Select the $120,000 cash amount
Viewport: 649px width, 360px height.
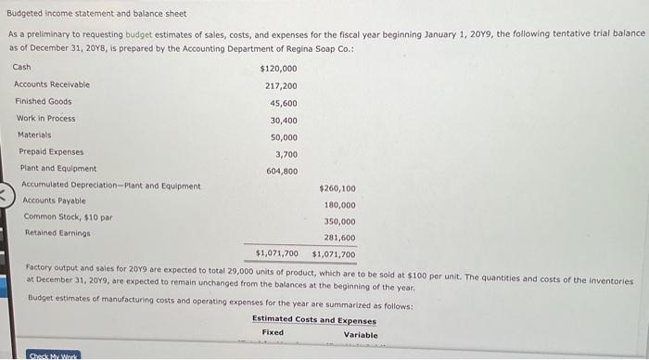click(x=279, y=69)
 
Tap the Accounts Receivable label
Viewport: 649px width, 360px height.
click(x=52, y=84)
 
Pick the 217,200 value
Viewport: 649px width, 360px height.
click(x=281, y=85)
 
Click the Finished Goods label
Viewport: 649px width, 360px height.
click(x=43, y=101)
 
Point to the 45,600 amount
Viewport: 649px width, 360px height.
click(x=284, y=103)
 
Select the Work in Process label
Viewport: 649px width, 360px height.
click(x=46, y=118)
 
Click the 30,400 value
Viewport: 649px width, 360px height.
click(x=284, y=120)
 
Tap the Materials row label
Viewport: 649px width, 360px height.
click(x=36, y=135)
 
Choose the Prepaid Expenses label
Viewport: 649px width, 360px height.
click(x=51, y=151)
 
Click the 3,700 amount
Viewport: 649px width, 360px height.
click(x=286, y=154)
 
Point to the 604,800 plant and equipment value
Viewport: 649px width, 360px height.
click(x=282, y=171)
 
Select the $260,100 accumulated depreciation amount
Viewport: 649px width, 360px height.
click(x=337, y=188)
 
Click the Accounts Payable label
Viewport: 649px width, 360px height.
click(x=54, y=200)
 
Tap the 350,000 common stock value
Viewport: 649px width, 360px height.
click(x=339, y=222)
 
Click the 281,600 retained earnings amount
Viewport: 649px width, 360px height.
click(x=339, y=238)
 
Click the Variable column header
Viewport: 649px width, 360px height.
click(x=361, y=335)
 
